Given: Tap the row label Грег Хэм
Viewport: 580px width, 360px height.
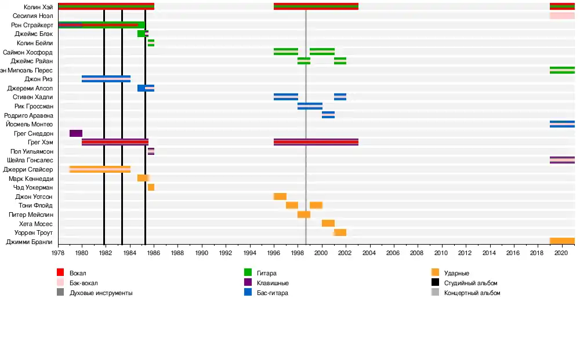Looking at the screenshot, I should [x=40, y=142].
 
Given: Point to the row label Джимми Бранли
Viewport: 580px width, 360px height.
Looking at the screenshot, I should [x=29, y=242].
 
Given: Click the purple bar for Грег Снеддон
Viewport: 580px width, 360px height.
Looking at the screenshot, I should [x=75, y=133].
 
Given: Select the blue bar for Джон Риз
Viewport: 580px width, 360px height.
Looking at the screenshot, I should [x=106, y=79].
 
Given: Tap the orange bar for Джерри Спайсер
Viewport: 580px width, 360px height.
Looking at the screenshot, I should [x=99, y=169].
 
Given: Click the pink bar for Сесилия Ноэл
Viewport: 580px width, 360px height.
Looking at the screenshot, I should [x=561, y=16].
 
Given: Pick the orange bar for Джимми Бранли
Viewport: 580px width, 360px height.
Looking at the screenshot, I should [x=561, y=241].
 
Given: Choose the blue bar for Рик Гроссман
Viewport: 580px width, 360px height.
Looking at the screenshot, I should [x=310, y=106].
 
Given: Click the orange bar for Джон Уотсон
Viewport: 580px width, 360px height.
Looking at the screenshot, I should [x=280, y=197].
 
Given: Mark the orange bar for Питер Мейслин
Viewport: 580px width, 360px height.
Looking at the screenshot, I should [x=303, y=214].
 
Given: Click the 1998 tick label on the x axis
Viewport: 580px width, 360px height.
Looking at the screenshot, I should [x=298, y=253].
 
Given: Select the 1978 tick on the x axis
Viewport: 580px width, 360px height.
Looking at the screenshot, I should [x=58, y=253].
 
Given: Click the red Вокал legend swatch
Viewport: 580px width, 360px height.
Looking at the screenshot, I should [x=60, y=272].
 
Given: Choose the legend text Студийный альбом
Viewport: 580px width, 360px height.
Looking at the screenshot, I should [x=470, y=283].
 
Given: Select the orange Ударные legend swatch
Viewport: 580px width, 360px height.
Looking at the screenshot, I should [x=435, y=272].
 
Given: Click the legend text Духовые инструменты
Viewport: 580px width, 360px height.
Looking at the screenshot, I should [x=100, y=293].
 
